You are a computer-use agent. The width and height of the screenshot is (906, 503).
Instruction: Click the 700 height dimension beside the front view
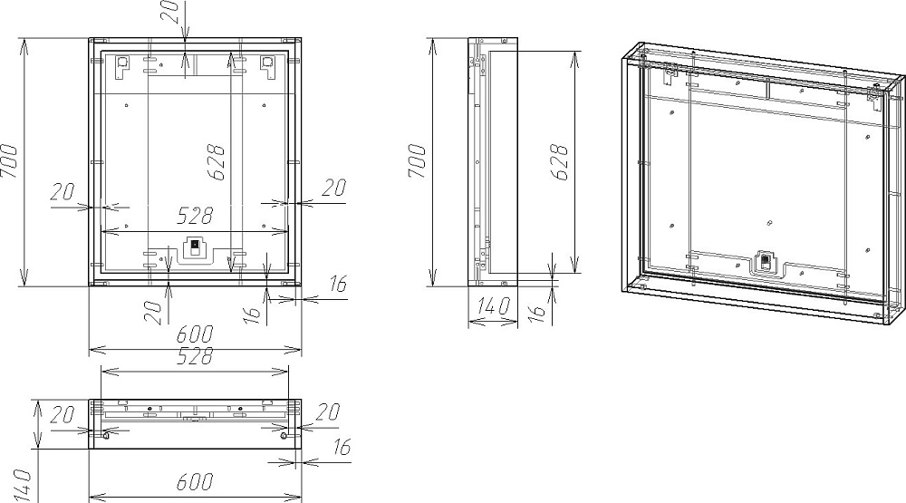coord(10,161)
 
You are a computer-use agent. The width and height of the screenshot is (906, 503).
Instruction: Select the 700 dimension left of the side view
coord(418,161)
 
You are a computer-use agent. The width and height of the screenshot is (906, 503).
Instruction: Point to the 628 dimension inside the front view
coord(217,162)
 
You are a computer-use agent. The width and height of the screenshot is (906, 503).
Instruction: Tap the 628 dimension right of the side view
coord(560,162)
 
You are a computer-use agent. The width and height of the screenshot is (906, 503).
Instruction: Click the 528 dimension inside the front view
coord(195,216)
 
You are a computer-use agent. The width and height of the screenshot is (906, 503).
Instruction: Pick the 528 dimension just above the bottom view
coord(195,356)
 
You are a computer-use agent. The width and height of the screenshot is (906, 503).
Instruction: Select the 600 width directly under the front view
coord(195,334)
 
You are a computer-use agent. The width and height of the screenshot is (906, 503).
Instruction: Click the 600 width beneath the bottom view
coord(195,481)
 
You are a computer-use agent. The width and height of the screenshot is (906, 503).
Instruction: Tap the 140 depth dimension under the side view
coord(492,305)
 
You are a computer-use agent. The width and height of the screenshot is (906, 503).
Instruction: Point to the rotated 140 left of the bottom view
coord(22,486)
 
